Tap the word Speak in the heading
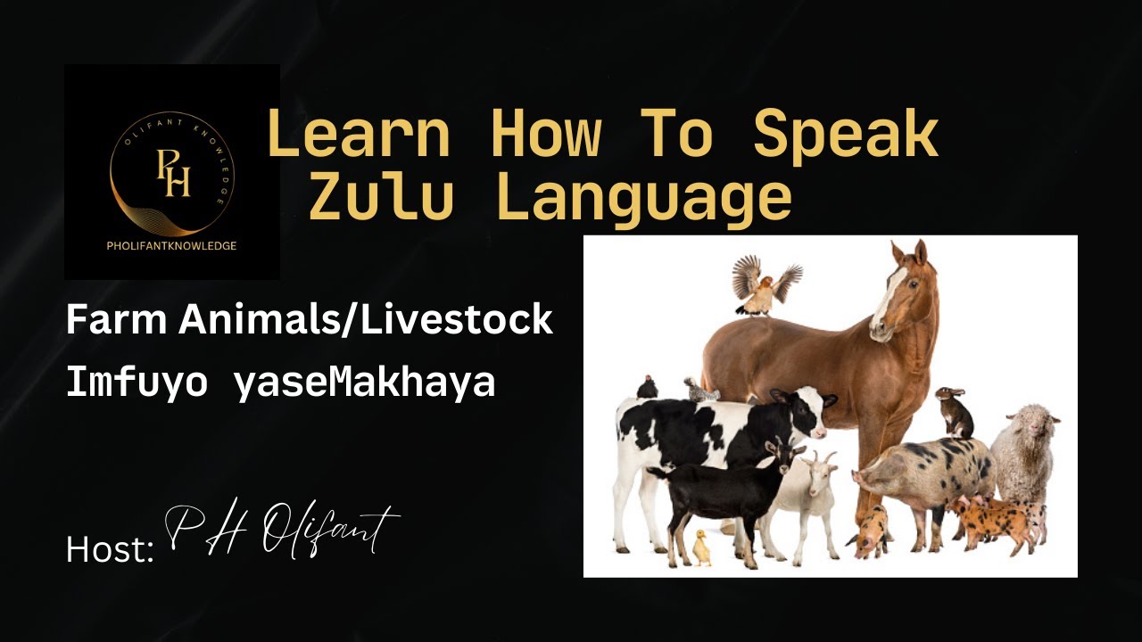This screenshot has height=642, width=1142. pos(846,136)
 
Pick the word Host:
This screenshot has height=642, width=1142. pos(110,548)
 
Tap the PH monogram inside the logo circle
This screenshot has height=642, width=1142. pos(173,173)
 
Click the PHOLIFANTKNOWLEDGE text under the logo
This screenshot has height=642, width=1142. pos(172,245)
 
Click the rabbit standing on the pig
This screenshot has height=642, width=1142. pos(955,412)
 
